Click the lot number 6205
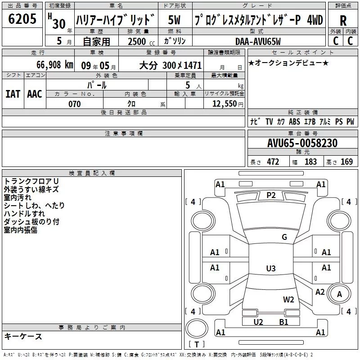tap(22, 18)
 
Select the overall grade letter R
tap(343, 21)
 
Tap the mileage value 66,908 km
tap(55, 65)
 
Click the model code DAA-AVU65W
tap(258, 41)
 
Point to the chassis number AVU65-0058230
tap(302, 143)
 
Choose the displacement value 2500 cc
tap(141, 41)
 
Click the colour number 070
tap(75, 104)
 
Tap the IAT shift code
tap(13, 94)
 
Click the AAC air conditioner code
tap(35, 94)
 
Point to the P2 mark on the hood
tap(271, 195)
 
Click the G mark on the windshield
tap(284, 237)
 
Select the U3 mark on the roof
tap(271, 268)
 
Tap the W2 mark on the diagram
tap(288, 300)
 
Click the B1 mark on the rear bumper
tap(284, 322)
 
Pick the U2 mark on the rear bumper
tap(258, 322)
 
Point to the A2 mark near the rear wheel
tap(320, 292)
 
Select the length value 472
tap(273, 162)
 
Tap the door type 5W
tap(174, 20)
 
